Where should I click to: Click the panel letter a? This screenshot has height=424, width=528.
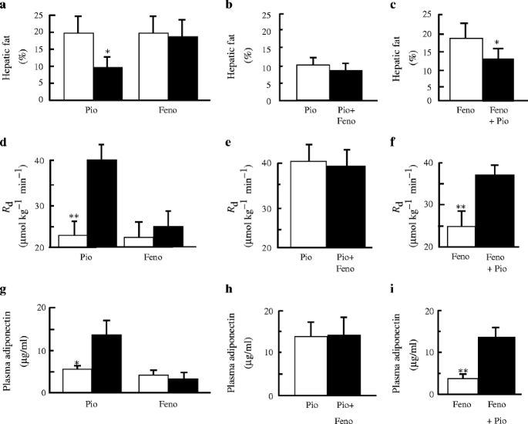(5, 5)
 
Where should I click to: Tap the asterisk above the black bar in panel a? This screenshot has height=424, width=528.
(109, 52)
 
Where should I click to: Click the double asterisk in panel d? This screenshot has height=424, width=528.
(75, 217)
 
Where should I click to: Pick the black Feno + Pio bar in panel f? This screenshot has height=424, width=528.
(497, 210)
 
